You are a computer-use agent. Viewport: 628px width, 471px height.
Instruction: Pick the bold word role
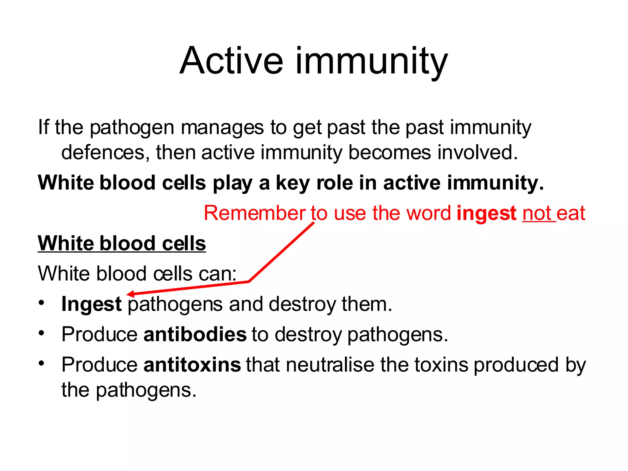(334, 183)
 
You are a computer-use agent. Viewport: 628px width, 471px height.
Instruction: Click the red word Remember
(255, 213)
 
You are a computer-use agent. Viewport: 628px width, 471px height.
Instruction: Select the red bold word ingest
(486, 213)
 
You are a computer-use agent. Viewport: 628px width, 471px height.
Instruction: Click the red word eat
(571, 213)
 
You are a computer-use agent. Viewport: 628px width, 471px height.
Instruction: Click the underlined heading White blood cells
(122, 243)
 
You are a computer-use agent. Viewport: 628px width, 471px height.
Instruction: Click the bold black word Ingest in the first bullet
(91, 304)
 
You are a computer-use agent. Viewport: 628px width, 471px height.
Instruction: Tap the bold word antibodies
(195, 334)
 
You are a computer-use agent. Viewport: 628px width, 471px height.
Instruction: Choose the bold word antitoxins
(192, 365)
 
